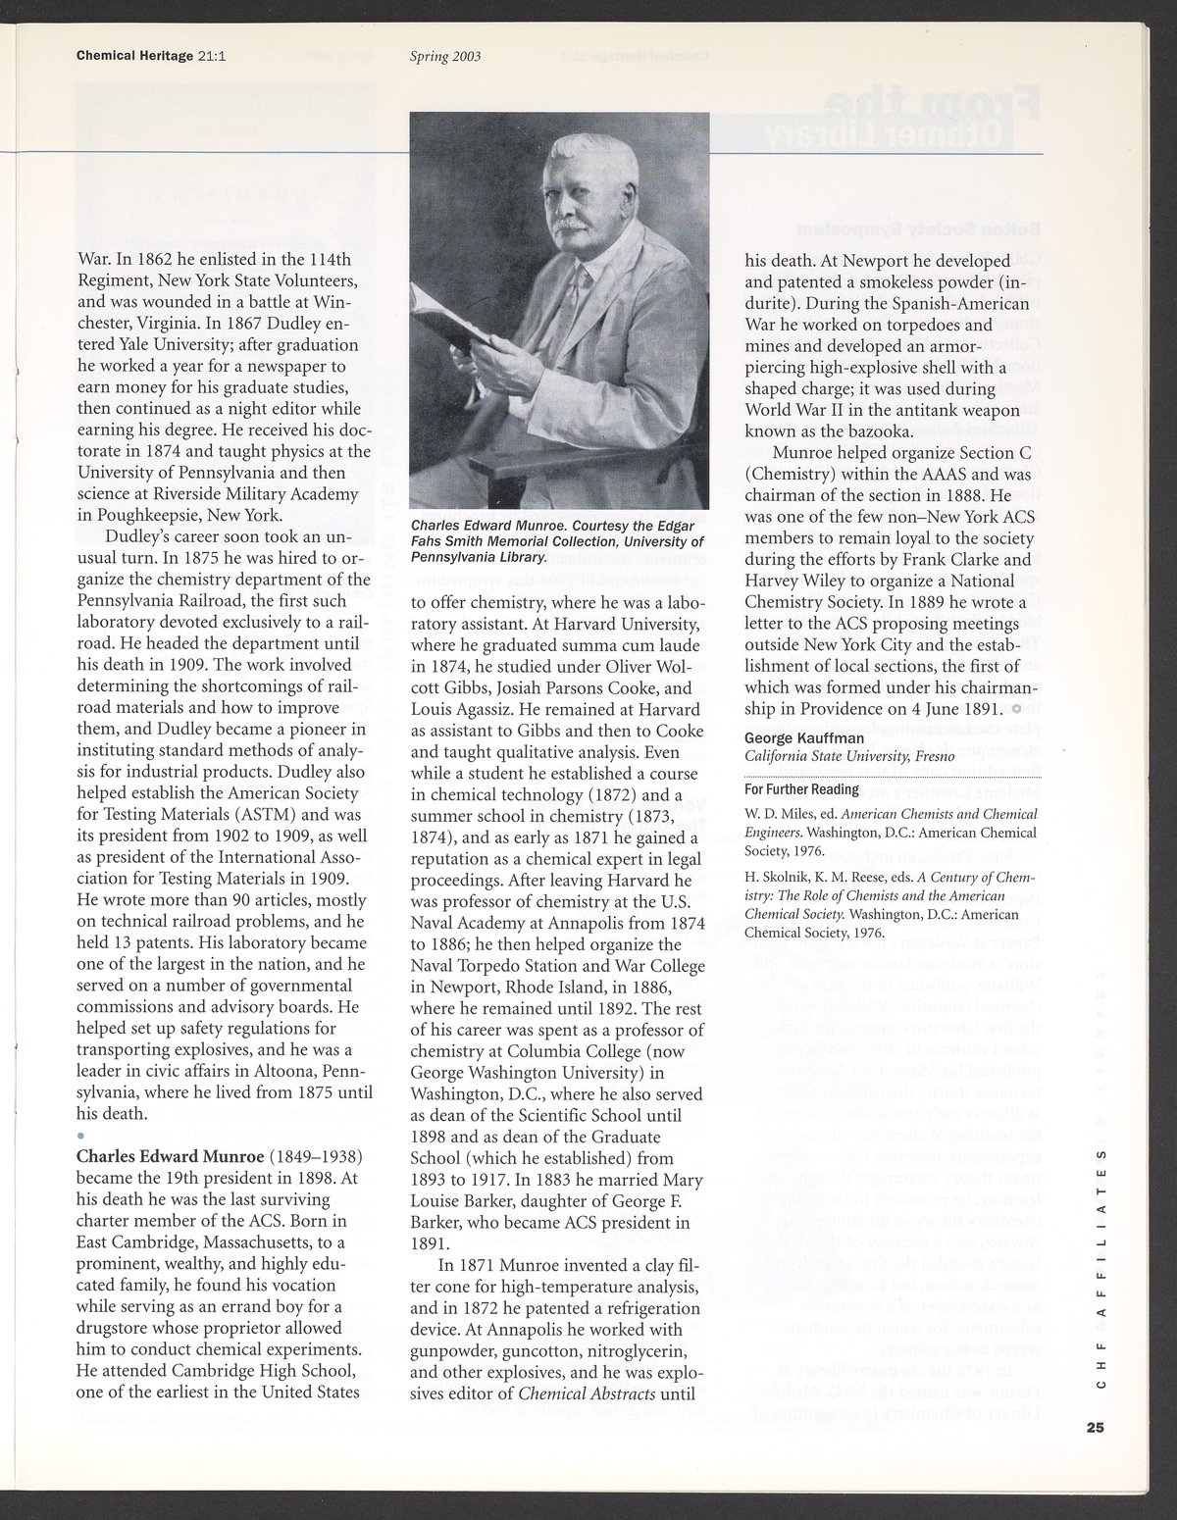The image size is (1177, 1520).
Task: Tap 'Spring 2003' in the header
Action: click(x=444, y=56)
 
